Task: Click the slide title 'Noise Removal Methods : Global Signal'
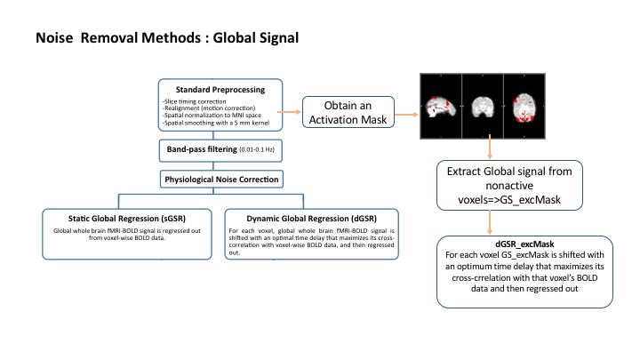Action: (167, 38)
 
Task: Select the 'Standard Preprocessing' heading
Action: (220, 90)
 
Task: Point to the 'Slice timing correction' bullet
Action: (195, 101)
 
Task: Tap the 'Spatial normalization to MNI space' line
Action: (212, 116)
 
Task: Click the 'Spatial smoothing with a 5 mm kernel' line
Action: (216, 123)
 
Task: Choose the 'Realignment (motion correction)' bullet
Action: (209, 108)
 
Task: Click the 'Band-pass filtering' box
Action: (220, 150)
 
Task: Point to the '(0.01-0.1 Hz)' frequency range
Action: (257, 150)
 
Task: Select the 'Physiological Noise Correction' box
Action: (221, 180)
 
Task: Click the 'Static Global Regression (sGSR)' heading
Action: (127, 219)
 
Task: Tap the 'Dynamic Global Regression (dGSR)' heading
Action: (311, 219)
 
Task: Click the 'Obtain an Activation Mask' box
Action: (348, 112)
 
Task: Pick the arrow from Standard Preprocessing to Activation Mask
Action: (290, 112)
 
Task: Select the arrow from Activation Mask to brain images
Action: (406, 115)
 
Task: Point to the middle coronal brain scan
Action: (483, 107)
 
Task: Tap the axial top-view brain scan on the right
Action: (524, 107)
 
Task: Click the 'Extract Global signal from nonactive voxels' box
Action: (509, 185)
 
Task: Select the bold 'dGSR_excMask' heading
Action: (524, 244)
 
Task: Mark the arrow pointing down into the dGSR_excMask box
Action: (490, 223)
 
